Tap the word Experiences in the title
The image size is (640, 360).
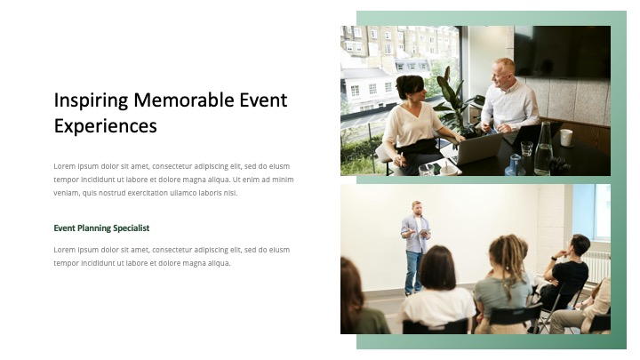click(105, 125)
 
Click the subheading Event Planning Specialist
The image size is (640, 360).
click(101, 228)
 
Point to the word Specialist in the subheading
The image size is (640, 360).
click(130, 228)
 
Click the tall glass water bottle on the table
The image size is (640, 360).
click(543, 149)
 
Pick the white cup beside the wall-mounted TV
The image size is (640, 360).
click(565, 137)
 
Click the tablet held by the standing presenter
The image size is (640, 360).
click(424, 233)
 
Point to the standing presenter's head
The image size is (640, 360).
click(417, 208)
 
